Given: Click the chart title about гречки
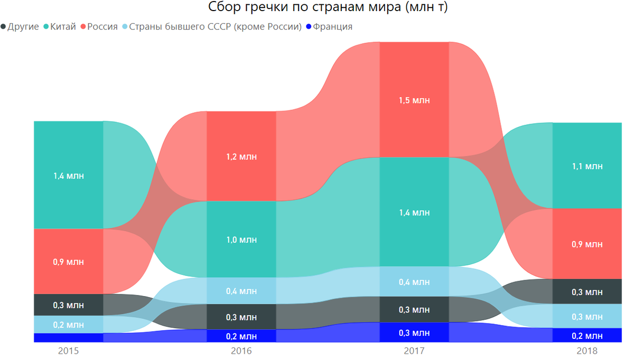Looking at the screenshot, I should coord(317,7).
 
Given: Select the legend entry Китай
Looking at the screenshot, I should coord(63,26).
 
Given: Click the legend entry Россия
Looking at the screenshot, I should coord(102,26).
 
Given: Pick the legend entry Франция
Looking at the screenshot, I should coord(332,26).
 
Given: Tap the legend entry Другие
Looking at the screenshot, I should coord(23,26).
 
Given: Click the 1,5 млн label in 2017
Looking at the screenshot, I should coord(414,100).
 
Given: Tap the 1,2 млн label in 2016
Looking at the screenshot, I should coord(241,156).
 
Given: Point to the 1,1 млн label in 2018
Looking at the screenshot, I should coord(587,166).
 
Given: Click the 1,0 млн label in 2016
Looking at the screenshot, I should coord(241,240).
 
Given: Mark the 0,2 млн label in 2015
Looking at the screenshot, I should coord(69,325).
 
